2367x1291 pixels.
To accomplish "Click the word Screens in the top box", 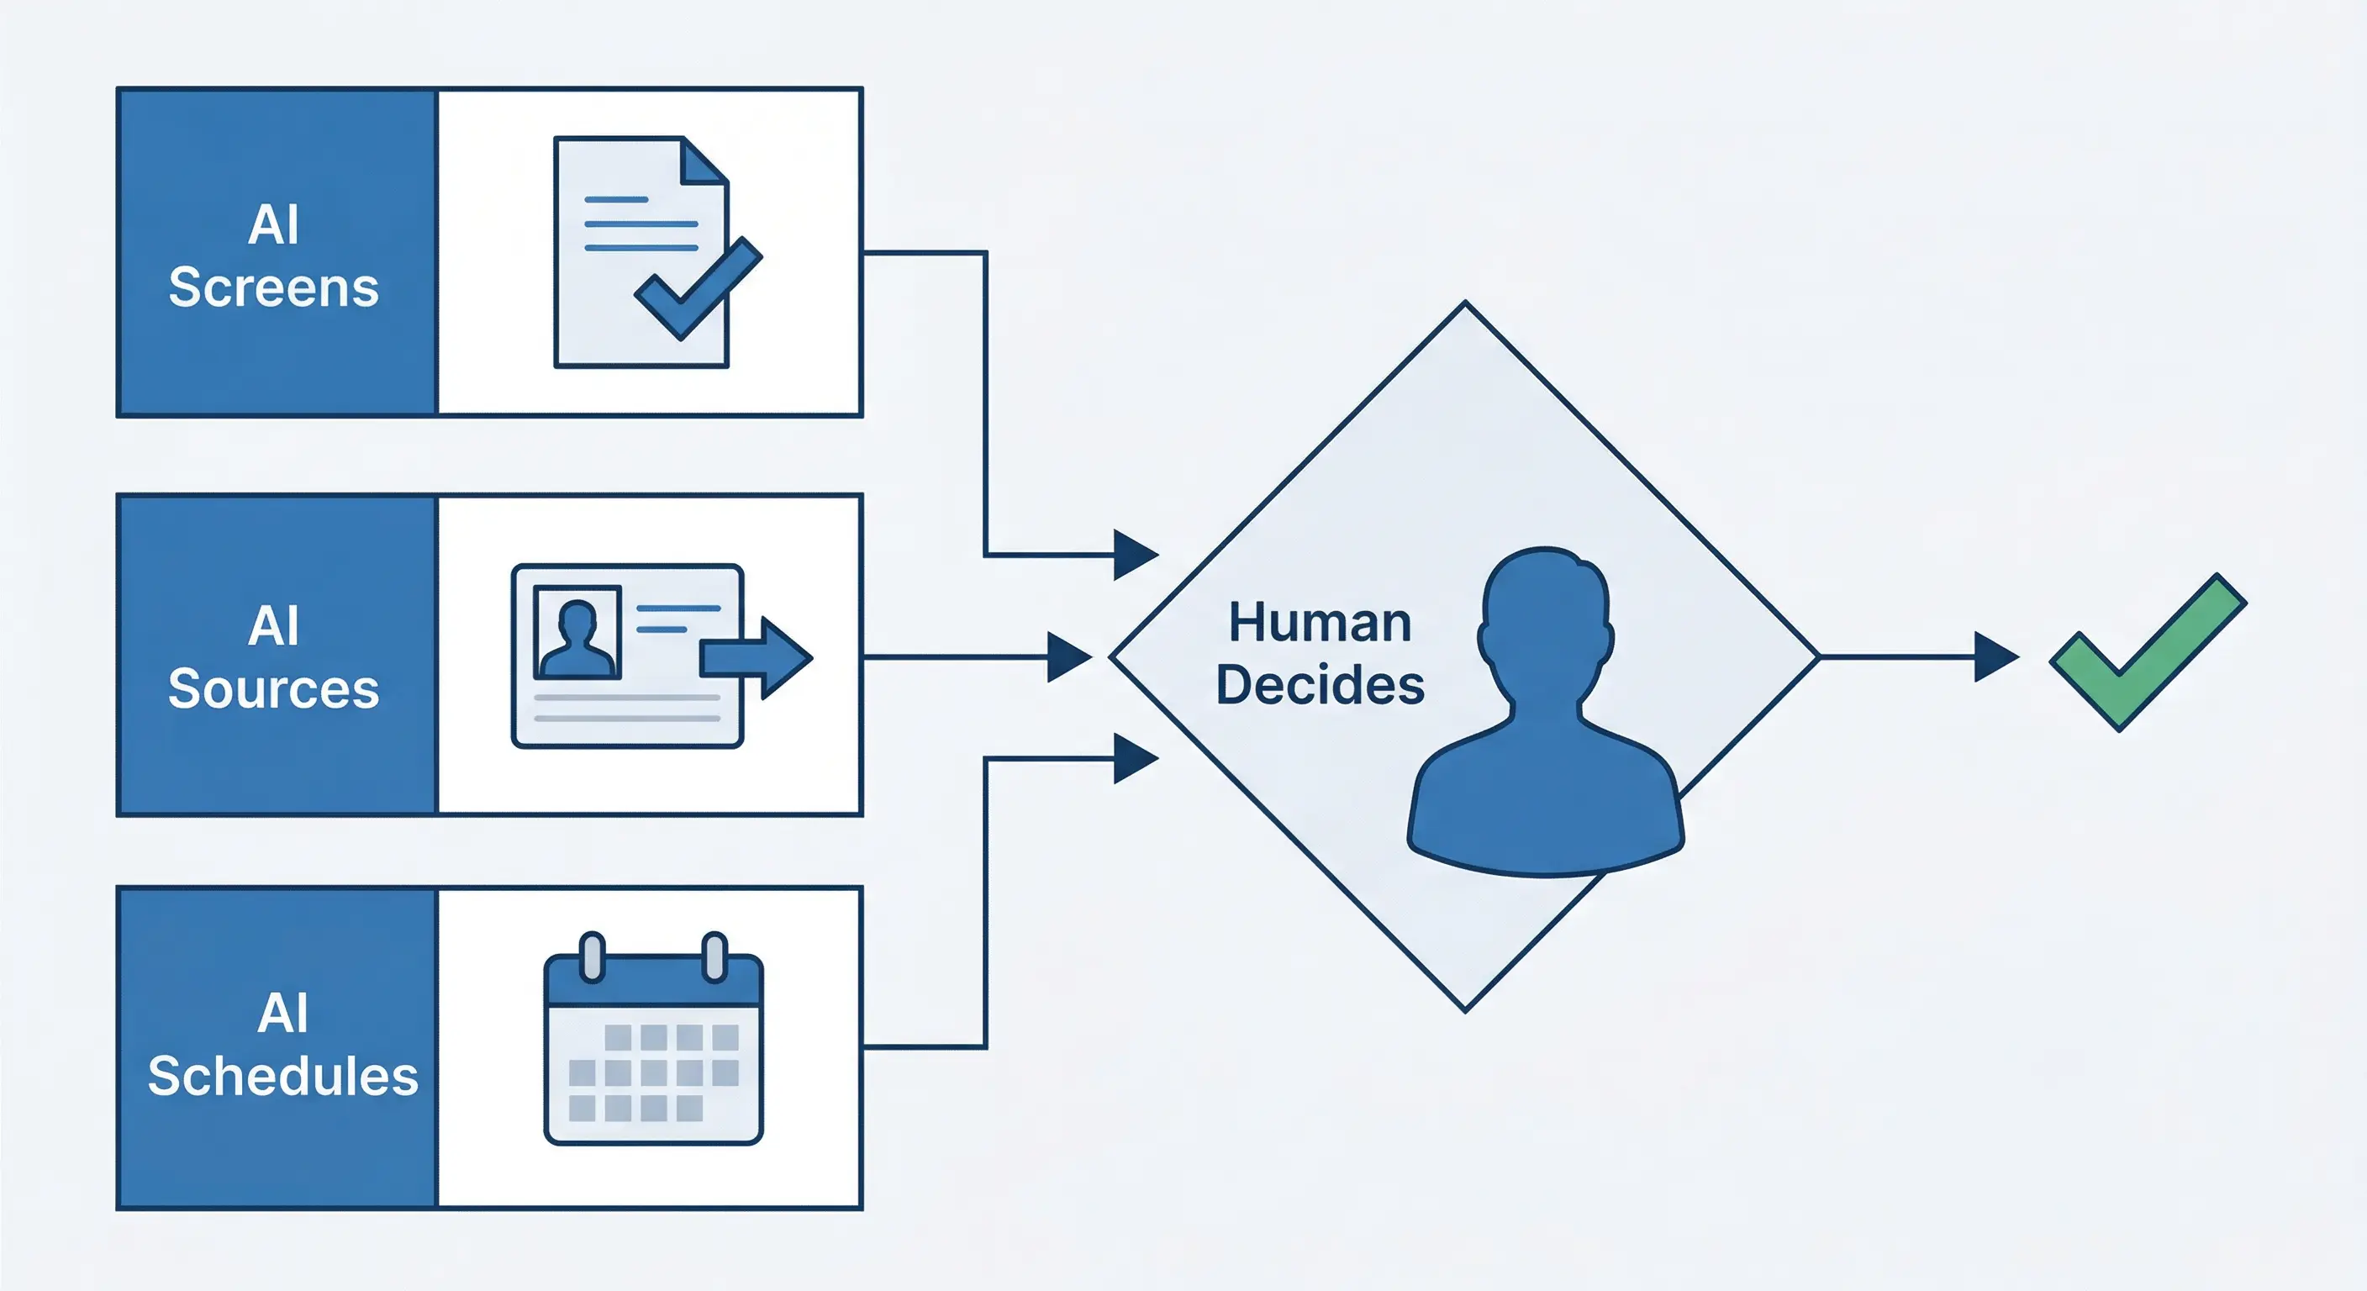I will coord(273,287).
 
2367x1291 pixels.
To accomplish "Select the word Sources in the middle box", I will coord(273,688).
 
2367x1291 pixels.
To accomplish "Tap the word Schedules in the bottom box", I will coord(282,1076).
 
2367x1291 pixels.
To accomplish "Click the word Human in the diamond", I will coord(1320,623).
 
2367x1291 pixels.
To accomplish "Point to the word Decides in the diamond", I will coord(1320,686).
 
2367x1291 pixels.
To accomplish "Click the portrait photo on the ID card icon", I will coord(577,632).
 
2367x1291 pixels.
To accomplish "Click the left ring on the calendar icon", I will coord(593,956).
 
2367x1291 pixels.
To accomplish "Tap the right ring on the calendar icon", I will coord(714,956).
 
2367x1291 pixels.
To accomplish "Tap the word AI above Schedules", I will coord(282,1014).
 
